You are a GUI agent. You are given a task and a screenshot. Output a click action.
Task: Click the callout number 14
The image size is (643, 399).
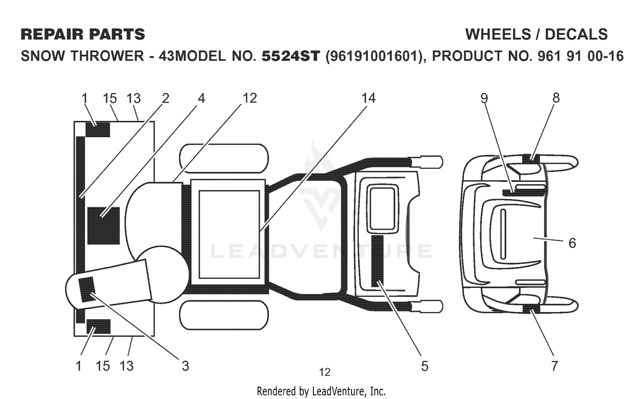pyautogui.click(x=368, y=98)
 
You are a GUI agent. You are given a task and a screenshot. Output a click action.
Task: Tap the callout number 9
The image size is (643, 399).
pyautogui.click(x=484, y=98)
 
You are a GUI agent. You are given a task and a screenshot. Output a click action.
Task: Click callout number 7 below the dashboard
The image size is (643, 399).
pyautogui.click(x=554, y=366)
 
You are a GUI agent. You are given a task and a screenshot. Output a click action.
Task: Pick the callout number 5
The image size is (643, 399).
pyautogui.click(x=424, y=366)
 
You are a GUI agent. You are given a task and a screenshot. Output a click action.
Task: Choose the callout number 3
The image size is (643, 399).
pyautogui.click(x=186, y=366)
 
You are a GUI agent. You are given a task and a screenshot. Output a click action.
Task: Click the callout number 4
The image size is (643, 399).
pyautogui.click(x=201, y=98)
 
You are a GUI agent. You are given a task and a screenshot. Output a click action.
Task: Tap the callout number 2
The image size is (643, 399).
pyautogui.click(x=165, y=98)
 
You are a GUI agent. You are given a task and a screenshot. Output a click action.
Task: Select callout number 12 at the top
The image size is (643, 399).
pyautogui.click(x=249, y=98)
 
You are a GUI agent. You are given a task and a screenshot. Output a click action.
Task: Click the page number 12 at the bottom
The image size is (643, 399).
pyautogui.click(x=325, y=372)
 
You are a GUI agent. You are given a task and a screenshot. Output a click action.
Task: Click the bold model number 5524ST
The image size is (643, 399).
pyautogui.click(x=291, y=56)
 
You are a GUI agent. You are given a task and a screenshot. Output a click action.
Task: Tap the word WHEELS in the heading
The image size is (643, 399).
pyautogui.click(x=498, y=34)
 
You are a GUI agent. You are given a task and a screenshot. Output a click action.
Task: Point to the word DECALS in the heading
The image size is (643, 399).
pyautogui.click(x=576, y=34)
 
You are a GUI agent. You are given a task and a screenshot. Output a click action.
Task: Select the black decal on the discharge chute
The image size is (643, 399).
pyautogui.click(x=87, y=289)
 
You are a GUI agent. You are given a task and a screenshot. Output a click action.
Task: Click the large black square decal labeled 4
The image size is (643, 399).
pyautogui.click(x=103, y=226)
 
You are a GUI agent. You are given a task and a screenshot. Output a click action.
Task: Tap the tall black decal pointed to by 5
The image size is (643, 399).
pyautogui.click(x=377, y=261)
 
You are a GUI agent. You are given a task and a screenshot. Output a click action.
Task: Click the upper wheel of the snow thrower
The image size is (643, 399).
pyautogui.click(x=224, y=159)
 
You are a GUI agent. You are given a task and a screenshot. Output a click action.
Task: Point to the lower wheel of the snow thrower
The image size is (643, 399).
pyautogui.click(x=224, y=315)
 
